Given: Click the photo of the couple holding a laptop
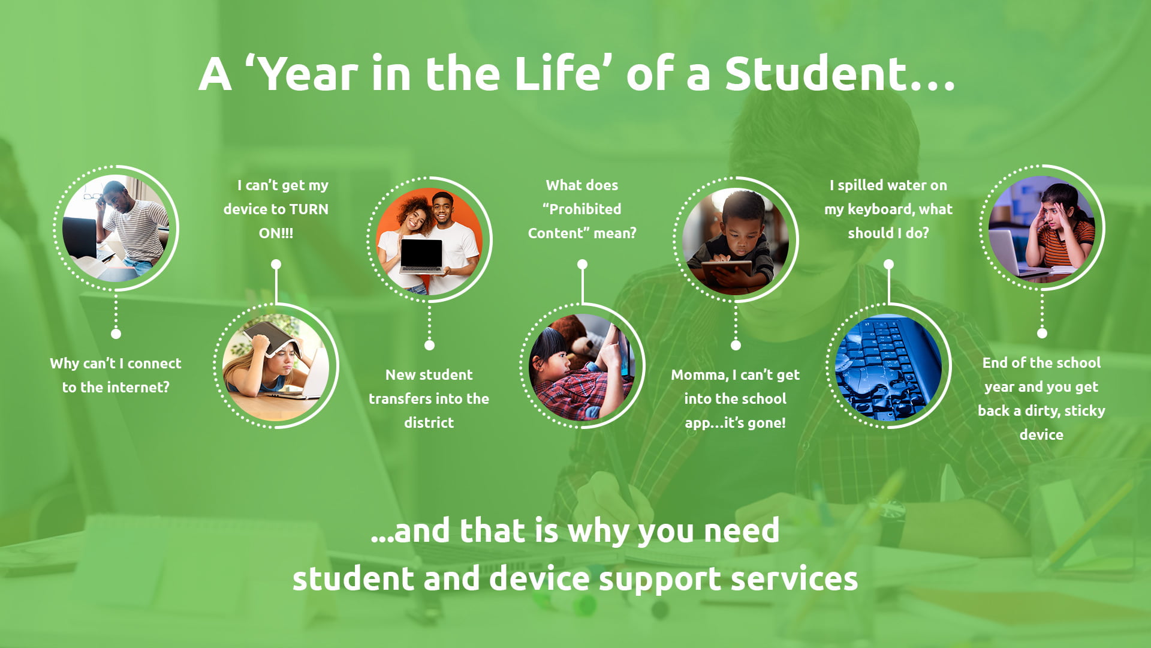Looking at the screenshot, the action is pos(429,241).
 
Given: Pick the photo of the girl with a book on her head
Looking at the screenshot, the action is pos(276,367).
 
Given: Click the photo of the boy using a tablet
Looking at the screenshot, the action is pos(736,241).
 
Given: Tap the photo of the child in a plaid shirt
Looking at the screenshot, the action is pos(582,367).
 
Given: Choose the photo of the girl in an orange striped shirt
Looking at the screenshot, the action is pos(1042,229).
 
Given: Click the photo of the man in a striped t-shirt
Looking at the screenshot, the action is pos(116,229).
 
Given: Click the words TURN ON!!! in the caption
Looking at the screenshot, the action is pos(294,221).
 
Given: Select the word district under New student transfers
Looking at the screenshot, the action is pos(429,422).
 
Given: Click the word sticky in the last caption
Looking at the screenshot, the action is pos(1085,412).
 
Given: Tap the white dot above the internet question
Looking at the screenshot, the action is pos(116,334).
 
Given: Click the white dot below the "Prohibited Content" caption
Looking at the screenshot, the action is pos(582,264).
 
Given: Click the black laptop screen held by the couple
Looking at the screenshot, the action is pos(421,253).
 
